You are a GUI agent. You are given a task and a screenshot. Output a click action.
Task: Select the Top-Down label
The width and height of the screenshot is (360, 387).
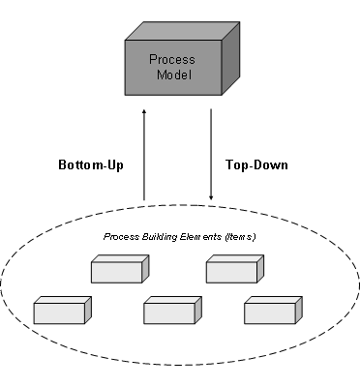coord(256,164)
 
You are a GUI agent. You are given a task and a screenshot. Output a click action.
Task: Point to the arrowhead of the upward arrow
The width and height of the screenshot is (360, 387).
coord(144,112)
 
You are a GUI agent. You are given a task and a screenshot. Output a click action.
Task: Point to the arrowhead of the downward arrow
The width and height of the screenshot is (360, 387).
coord(211,200)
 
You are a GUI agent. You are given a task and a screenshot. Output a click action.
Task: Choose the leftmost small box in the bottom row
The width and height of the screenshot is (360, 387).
coord(58,313)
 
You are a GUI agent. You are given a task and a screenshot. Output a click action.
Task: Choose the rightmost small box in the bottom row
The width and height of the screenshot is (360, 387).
coord(269,313)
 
